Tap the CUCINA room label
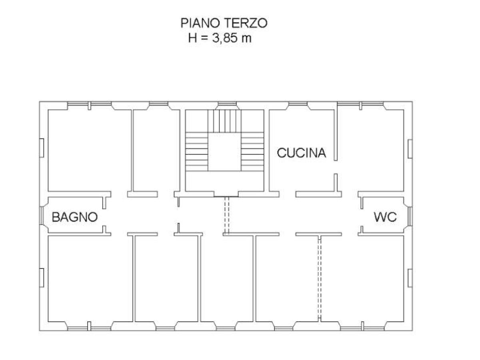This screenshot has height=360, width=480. tap(301, 153)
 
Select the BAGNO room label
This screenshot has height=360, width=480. tap(74, 217)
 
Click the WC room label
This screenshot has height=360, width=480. tap(385, 217)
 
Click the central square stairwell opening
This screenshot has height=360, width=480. tap(224, 152)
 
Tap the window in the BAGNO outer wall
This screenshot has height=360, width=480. tap(41, 216)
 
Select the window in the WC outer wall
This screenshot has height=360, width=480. tap(410, 216)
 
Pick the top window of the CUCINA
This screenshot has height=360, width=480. tap(298, 103)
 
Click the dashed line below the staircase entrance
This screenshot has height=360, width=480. tap(227, 215)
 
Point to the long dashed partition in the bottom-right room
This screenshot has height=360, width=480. tap(320, 279)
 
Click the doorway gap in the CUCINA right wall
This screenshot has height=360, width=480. tap(336, 167)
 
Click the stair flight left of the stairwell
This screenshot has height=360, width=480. tap(196, 152)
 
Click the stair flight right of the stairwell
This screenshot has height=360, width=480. tap(252, 152)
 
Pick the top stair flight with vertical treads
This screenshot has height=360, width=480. tap(224, 121)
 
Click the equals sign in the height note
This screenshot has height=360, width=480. tap(204, 39)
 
